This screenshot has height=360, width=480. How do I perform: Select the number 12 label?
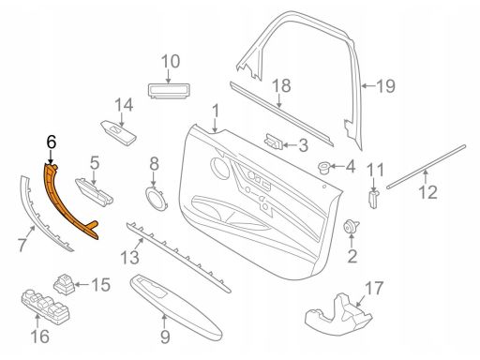tap(427, 193)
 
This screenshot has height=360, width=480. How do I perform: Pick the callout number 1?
tap(216, 115)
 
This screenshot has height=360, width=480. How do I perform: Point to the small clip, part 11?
tap(373, 199)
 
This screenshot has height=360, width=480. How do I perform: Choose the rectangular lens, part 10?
tap(170, 89)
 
